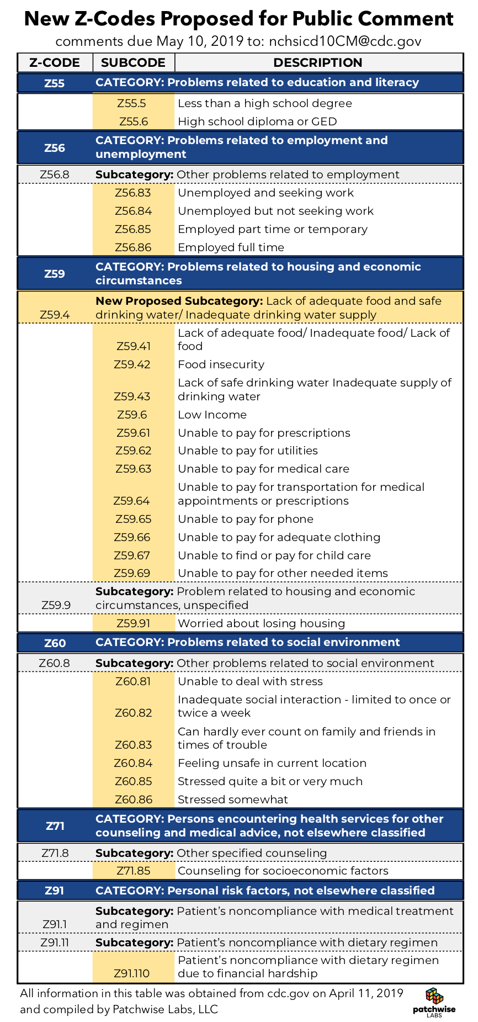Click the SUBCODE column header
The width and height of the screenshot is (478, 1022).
click(x=133, y=62)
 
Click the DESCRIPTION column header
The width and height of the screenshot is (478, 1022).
click(x=318, y=62)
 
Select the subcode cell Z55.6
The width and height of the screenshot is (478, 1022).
click(x=133, y=121)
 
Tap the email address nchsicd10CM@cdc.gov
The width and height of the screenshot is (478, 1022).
click(x=345, y=41)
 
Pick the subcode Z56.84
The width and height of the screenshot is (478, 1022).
click(x=133, y=211)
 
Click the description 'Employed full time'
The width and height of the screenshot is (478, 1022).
click(x=231, y=247)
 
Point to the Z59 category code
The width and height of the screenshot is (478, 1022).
click(x=55, y=274)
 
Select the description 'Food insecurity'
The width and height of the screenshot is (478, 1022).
click(x=221, y=364)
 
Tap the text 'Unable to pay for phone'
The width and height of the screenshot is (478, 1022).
click(x=246, y=519)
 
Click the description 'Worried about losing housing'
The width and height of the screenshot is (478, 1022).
click(x=261, y=623)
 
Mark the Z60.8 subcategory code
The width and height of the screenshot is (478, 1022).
click(x=55, y=663)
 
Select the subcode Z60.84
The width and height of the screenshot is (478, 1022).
click(x=133, y=763)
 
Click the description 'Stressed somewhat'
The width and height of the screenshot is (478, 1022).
click(x=233, y=799)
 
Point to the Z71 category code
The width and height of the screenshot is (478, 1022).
click(x=55, y=826)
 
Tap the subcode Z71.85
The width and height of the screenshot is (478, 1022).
click(x=133, y=871)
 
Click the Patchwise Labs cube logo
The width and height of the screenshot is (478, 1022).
click(x=434, y=996)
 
